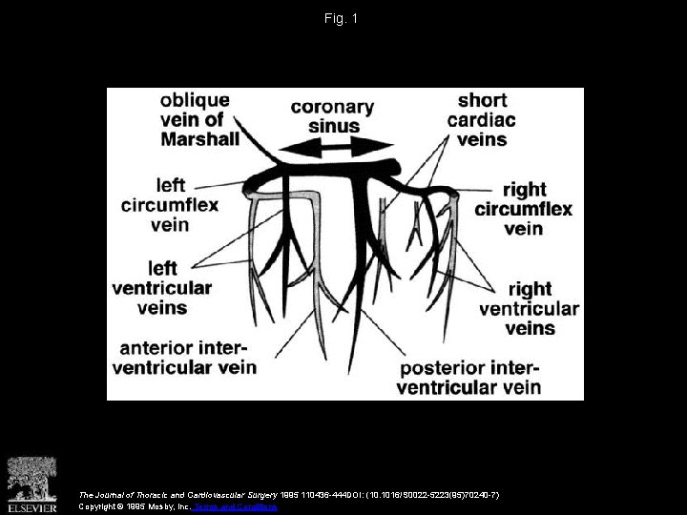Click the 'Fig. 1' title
coord(343,18)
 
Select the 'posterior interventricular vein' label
coord(469,377)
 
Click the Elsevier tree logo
coord(31,477)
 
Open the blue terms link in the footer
coord(237,506)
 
